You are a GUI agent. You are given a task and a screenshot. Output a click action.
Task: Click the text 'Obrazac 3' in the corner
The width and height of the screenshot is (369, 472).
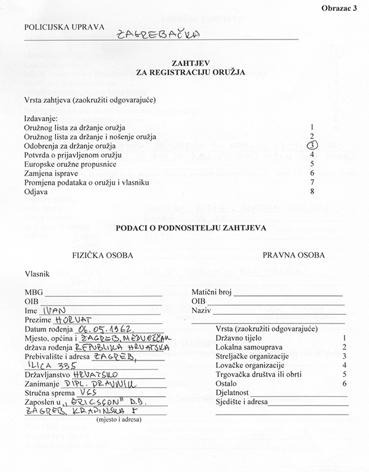tap(338, 7)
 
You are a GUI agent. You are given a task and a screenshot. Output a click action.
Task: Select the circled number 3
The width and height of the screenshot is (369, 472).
tap(312, 145)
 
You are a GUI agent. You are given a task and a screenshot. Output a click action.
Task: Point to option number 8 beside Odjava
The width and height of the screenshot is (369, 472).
tap(312, 192)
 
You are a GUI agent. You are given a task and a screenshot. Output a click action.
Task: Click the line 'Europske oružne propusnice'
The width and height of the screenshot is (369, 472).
tap(67, 165)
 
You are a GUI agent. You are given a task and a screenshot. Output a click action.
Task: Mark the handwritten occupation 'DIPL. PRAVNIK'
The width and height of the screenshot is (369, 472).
tap(97, 383)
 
